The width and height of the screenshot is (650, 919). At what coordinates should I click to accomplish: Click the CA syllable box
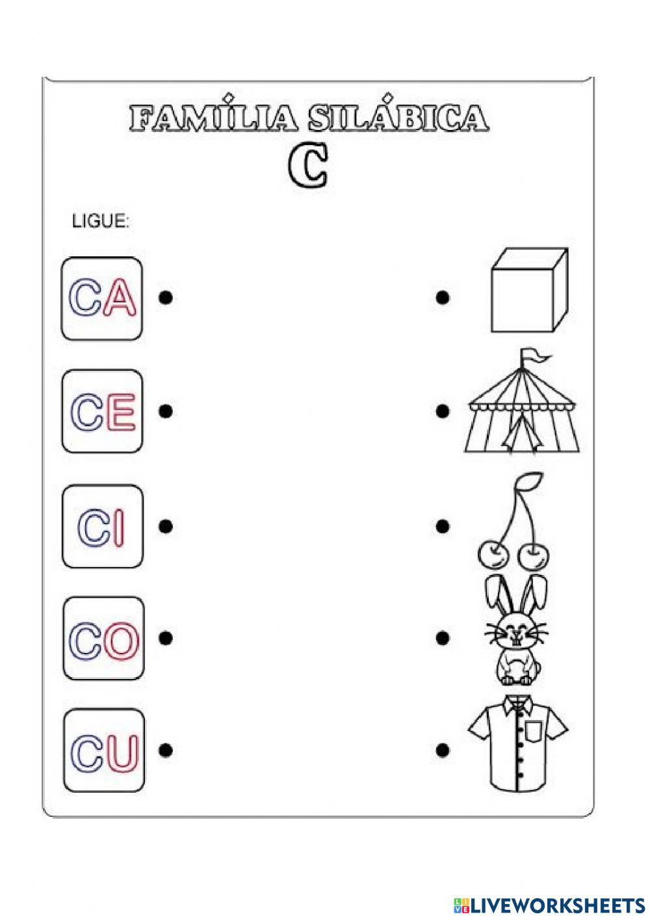click(x=102, y=299)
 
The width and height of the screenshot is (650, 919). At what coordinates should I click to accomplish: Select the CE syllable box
click(x=102, y=411)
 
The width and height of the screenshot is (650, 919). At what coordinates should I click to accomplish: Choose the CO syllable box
click(x=103, y=638)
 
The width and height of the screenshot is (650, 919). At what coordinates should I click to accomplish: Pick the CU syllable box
click(x=104, y=751)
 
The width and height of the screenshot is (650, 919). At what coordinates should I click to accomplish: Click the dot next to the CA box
click(x=166, y=298)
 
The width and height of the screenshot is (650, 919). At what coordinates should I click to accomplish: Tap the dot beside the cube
click(x=443, y=298)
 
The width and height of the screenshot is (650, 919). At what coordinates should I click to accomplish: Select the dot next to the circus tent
click(x=443, y=411)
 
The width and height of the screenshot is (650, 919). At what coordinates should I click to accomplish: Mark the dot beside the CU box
click(x=166, y=750)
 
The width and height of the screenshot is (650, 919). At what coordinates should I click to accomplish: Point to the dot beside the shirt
click(x=443, y=750)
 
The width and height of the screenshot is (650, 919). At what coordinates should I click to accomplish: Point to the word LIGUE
click(x=100, y=222)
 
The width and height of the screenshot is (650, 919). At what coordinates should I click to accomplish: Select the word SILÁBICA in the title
click(x=396, y=119)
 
